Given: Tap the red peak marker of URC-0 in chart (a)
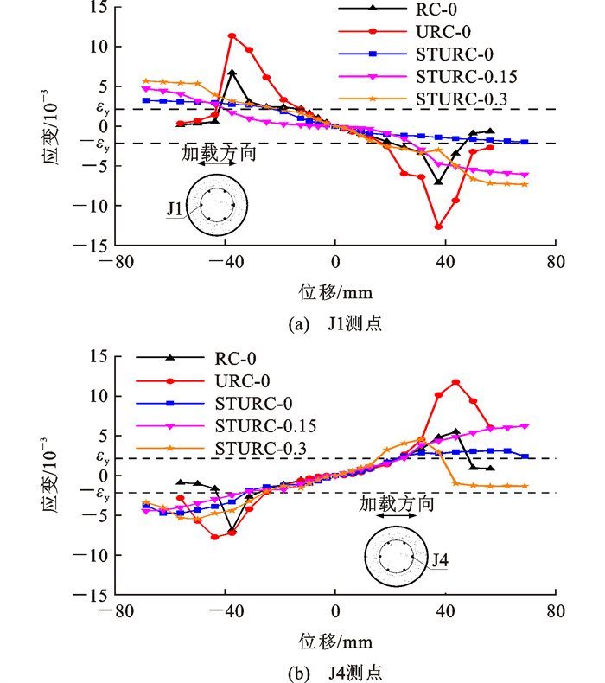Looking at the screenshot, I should point(232,36).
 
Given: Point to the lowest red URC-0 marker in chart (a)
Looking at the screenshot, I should point(439,227).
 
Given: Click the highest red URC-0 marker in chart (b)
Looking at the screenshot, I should point(455,382).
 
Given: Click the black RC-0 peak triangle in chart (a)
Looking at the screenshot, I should point(232,73).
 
